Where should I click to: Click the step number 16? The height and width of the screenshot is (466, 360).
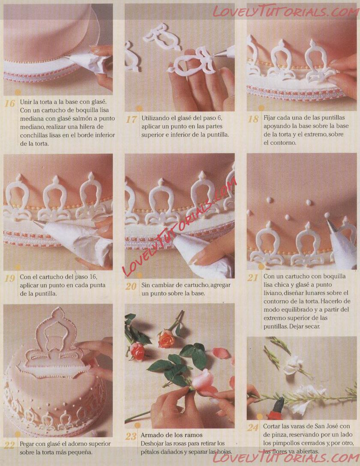tap(9, 103)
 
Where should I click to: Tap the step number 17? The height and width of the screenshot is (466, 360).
tap(131, 119)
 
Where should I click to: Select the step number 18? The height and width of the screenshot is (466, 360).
tap(253, 119)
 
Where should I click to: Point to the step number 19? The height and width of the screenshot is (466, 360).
tap(9, 278)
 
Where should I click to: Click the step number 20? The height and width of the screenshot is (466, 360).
tap(131, 287)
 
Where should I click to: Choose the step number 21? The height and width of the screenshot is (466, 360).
tap(253, 278)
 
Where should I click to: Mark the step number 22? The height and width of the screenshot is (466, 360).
tap(9, 445)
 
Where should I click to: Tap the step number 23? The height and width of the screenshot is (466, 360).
tap(131, 436)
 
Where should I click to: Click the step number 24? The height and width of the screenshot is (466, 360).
tap(253, 427)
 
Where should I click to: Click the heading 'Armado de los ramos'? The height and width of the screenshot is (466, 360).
tap(171, 435)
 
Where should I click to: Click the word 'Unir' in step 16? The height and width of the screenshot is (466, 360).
tap(26, 102)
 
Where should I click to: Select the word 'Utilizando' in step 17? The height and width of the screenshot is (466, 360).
tap(154, 118)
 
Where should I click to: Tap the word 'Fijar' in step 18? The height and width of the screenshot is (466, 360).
tap(269, 118)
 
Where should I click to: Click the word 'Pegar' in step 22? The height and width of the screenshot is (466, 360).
tap(27, 444)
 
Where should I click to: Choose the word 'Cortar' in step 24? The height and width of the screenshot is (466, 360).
tap(271, 426)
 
